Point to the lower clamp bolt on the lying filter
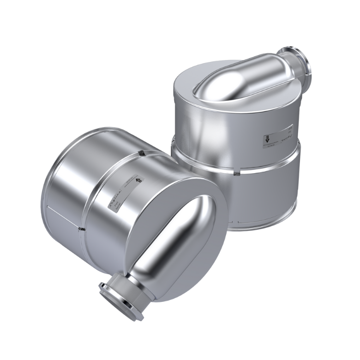click(x=83, y=229)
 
